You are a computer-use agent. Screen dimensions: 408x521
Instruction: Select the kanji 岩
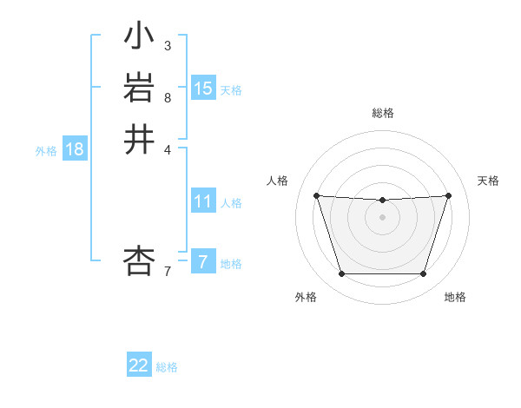tap(139, 89)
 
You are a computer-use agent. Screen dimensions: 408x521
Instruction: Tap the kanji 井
tap(139, 139)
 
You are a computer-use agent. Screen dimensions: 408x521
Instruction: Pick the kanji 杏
tap(139, 260)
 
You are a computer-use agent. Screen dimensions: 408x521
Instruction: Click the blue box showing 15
tap(203, 89)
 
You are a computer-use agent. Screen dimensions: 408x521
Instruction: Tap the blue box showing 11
tap(203, 201)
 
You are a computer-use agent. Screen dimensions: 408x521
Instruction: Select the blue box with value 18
tap(75, 149)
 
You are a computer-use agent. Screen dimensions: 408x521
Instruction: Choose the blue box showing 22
tap(139, 365)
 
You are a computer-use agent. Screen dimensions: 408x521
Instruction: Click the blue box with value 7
tap(203, 261)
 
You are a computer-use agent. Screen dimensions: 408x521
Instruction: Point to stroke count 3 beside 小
tap(168, 45)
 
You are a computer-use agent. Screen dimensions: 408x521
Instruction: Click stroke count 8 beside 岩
tap(168, 98)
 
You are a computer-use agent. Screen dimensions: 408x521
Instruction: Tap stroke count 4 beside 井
tap(168, 148)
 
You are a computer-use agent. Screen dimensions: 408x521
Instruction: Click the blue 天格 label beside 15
tap(231, 90)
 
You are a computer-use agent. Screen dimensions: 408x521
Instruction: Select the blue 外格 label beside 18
tap(46, 151)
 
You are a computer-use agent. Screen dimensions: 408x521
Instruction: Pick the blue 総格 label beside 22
tap(167, 367)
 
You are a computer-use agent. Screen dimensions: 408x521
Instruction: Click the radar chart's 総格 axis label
tap(382, 113)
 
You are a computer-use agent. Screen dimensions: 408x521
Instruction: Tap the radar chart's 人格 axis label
tap(277, 181)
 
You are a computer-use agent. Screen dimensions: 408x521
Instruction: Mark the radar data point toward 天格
tap(448, 195)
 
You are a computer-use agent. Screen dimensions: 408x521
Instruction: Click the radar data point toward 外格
tap(341, 274)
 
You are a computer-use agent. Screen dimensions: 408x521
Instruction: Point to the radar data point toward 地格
tap(423, 274)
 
